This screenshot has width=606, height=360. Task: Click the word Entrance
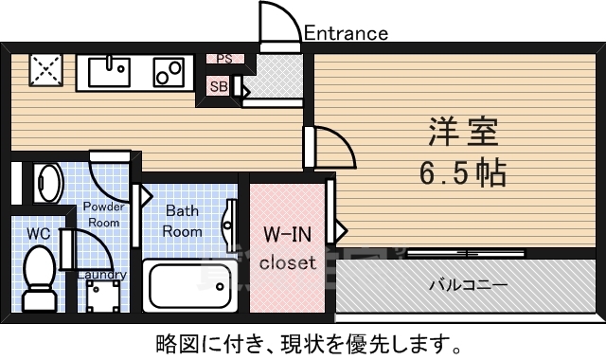(346, 34)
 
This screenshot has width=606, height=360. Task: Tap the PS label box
(223, 59)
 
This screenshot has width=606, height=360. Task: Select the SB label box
(218, 86)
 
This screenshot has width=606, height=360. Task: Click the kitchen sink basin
(112, 70)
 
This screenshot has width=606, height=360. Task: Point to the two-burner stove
(169, 70)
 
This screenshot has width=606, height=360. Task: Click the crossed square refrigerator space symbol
(45, 69)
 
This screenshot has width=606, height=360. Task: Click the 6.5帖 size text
(462, 173)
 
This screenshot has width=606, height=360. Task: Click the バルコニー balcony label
(467, 284)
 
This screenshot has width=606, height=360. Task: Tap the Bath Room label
(182, 221)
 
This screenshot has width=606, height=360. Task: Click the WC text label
(38, 232)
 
